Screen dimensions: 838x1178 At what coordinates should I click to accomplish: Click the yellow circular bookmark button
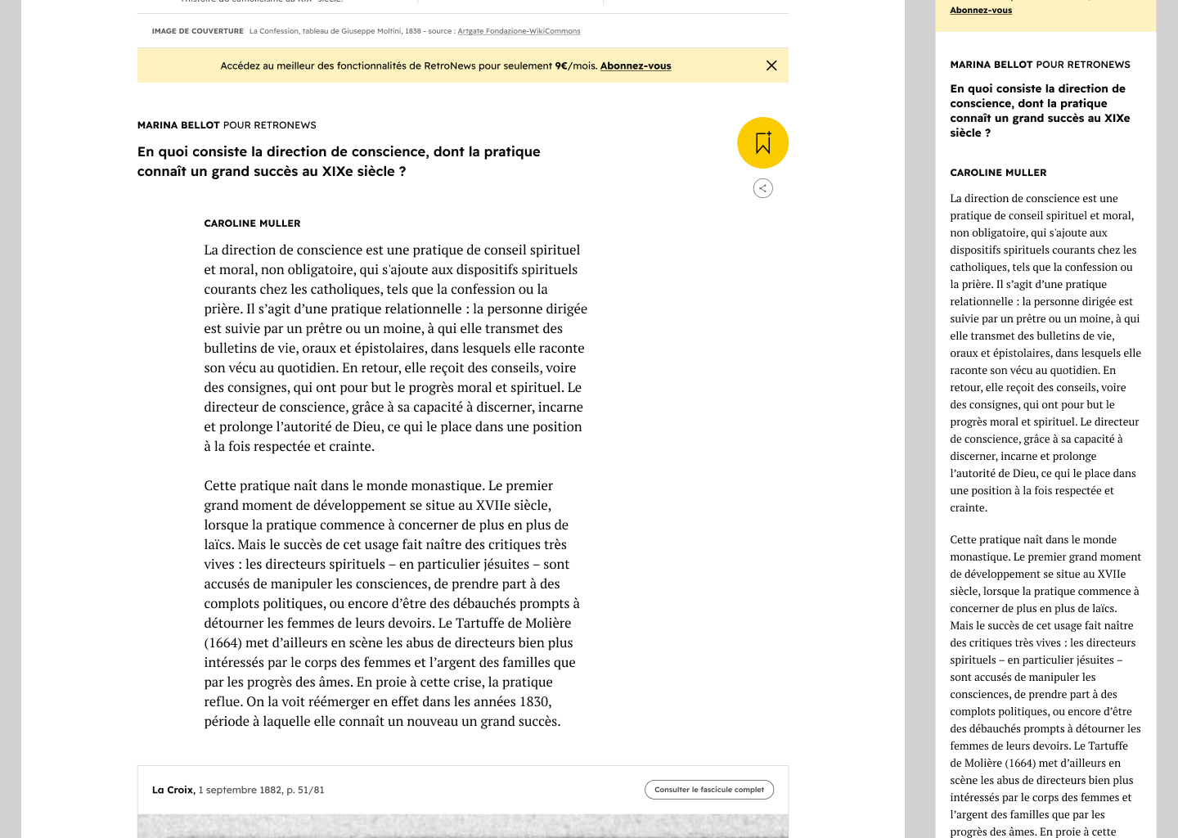click(762, 143)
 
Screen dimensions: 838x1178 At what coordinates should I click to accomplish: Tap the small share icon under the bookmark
click(762, 188)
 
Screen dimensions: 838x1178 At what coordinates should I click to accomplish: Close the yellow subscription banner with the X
click(771, 65)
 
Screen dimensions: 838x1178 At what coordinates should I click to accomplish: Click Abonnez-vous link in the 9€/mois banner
click(636, 66)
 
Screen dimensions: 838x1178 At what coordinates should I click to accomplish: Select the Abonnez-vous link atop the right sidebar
click(981, 10)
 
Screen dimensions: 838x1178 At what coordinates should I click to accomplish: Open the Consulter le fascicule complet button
click(709, 790)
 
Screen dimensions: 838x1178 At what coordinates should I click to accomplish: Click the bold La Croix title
click(173, 790)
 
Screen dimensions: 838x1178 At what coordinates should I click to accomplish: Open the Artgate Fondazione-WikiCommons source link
click(519, 31)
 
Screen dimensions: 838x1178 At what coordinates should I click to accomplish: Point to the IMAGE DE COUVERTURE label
click(197, 31)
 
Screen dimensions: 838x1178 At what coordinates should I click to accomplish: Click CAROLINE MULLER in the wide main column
click(252, 223)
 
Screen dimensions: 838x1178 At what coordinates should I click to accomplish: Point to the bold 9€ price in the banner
click(561, 66)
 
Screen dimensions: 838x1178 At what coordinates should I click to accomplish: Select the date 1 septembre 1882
click(240, 790)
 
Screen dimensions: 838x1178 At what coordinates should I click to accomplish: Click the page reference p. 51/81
click(305, 790)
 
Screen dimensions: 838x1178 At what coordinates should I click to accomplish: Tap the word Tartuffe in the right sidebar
click(1108, 746)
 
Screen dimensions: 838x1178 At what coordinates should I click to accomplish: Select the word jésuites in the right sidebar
click(1088, 660)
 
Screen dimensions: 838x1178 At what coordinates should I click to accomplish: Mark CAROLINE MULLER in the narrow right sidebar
click(998, 173)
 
